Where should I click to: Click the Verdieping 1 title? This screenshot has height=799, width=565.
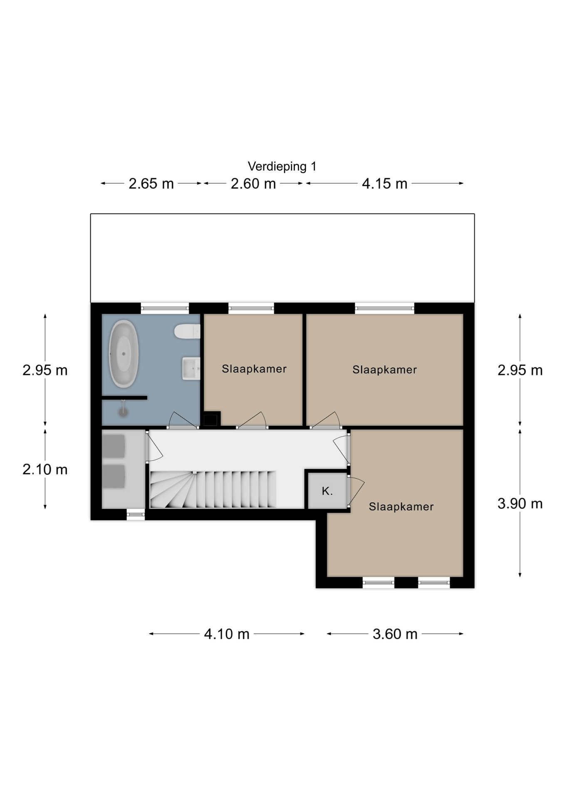[x=282, y=166]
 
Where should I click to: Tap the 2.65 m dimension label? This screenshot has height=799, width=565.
[x=151, y=184]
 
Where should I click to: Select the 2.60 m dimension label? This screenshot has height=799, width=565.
[x=253, y=184]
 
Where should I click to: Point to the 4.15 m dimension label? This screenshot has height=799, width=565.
[x=384, y=184]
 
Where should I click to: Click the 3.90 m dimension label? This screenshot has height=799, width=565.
[x=520, y=504]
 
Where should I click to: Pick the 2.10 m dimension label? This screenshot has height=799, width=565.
[x=45, y=469]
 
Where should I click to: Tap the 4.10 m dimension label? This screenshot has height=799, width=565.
[x=227, y=634]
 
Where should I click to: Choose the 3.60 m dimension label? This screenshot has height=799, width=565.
[x=395, y=634]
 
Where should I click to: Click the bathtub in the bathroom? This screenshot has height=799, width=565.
[x=124, y=354]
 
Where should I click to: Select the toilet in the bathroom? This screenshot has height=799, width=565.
[x=187, y=331]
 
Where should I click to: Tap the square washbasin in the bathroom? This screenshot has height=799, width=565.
[x=191, y=368]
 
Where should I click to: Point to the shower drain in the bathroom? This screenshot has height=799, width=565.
[x=123, y=412]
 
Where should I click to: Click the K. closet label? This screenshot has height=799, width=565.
[x=327, y=491]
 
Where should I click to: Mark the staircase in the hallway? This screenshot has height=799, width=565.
[x=213, y=489]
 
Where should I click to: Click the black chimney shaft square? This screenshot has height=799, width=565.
[x=211, y=419]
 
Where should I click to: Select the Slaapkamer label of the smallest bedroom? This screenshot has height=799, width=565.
[x=254, y=369]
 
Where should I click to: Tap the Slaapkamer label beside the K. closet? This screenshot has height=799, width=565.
[x=401, y=506]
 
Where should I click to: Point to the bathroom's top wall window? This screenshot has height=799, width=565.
[x=165, y=308]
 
